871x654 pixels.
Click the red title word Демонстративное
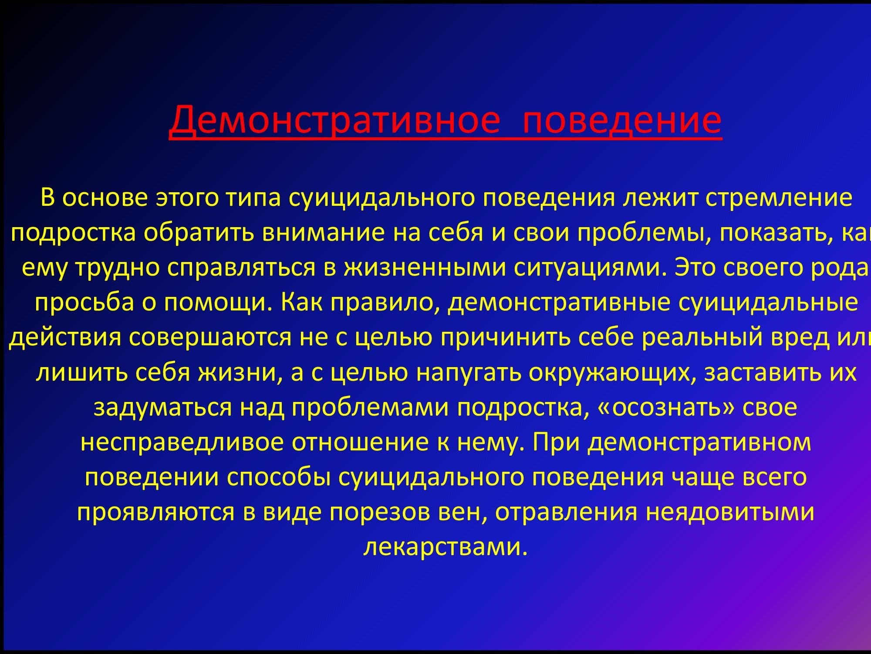tap(334, 119)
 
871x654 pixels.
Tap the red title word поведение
tap(622, 119)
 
